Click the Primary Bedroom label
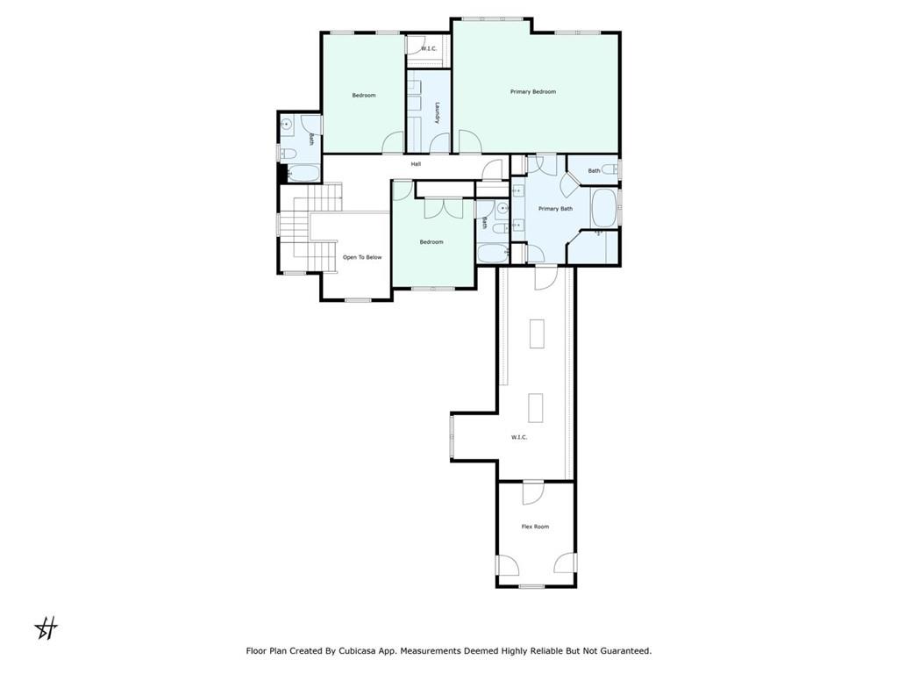click(x=532, y=91)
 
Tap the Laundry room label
click(x=437, y=113)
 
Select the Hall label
click(x=416, y=164)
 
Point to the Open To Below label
click(x=362, y=257)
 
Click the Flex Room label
click(x=535, y=527)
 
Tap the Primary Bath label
click(x=555, y=209)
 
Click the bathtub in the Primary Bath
click(x=603, y=208)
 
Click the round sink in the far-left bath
click(x=286, y=125)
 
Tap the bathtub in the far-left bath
click(x=303, y=174)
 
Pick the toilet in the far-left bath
click(x=287, y=153)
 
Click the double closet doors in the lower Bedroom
click(x=443, y=208)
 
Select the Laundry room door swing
click(x=440, y=143)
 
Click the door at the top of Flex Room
click(x=532, y=493)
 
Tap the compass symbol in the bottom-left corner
click(x=46, y=628)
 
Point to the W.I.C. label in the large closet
click(x=519, y=437)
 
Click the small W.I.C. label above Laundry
click(x=428, y=49)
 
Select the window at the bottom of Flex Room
click(x=531, y=586)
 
